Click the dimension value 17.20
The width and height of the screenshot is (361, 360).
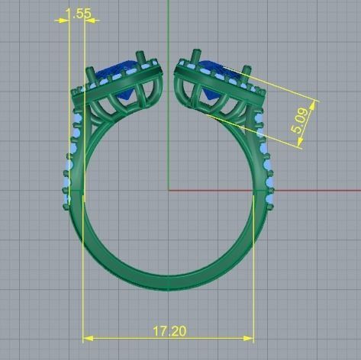click(x=169, y=331)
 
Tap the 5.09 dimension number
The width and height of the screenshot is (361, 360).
click(x=300, y=121)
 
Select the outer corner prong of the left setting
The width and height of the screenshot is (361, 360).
click(x=90, y=74)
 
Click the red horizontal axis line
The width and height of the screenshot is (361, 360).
click(x=305, y=191)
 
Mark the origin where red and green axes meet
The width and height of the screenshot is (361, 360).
click(x=168, y=191)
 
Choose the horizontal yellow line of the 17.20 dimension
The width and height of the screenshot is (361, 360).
click(x=122, y=338)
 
